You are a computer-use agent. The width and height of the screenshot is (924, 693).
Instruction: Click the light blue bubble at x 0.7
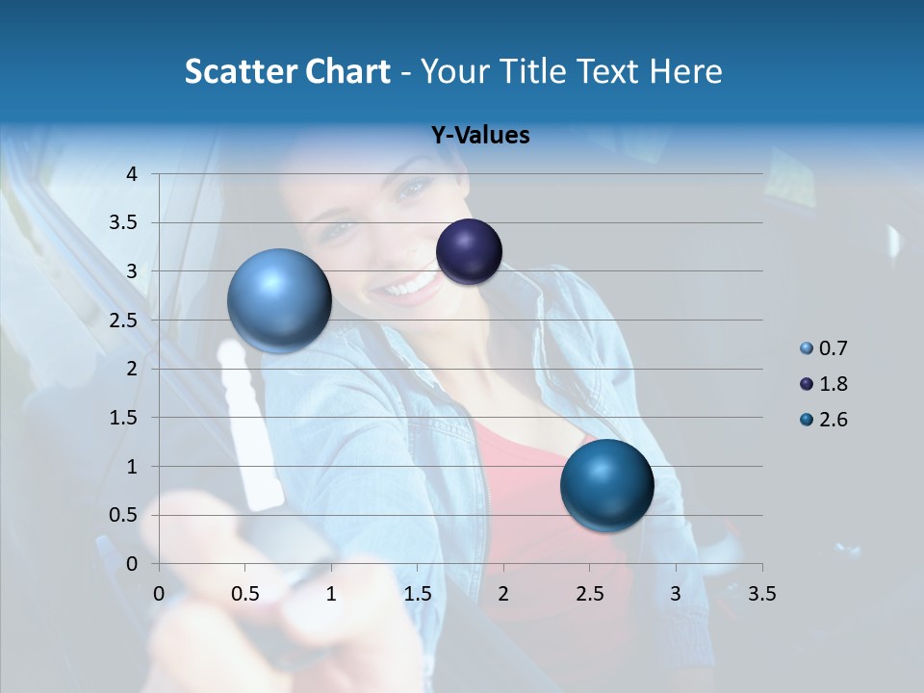pos(279,300)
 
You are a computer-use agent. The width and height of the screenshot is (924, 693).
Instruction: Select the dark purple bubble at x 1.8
pos(469,251)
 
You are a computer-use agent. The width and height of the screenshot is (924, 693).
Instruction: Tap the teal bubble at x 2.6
pos(606,485)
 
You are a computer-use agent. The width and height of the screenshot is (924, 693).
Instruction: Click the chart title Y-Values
pos(480,136)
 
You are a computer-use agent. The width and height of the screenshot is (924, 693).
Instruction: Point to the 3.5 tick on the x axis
pos(761,594)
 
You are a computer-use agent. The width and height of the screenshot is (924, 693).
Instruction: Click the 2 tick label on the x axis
pos(503,594)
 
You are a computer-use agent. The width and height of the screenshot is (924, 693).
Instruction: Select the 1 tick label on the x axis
pos(331,594)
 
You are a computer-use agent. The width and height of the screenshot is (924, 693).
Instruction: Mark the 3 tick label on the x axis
pos(676,594)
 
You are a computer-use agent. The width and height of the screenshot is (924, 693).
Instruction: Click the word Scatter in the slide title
pos(240,71)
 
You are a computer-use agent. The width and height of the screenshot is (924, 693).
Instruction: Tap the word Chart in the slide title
pos(347,71)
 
